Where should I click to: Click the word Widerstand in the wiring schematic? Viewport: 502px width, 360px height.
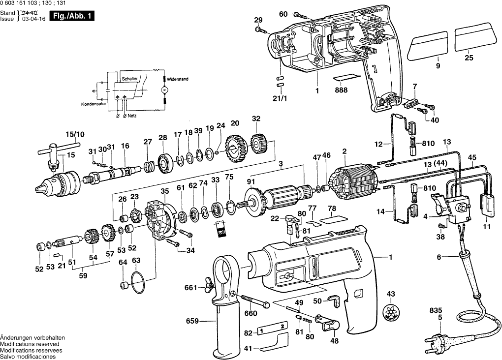coord(178,79)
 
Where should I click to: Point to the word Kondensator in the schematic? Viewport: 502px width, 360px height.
coord(94,105)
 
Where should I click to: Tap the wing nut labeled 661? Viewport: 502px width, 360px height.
coord(205,287)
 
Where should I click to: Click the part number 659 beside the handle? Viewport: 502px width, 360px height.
coord(192,321)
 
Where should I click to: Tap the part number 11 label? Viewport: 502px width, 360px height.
coord(487,227)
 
